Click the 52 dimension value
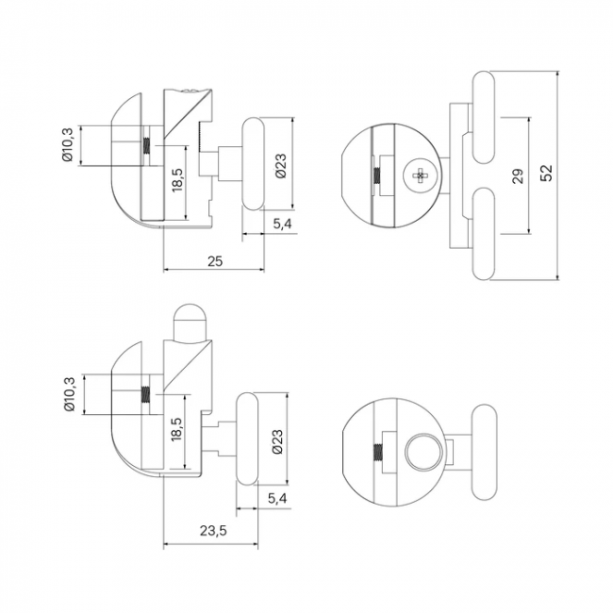547,173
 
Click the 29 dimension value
518,176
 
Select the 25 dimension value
215,260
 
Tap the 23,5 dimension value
213,531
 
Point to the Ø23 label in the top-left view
281,165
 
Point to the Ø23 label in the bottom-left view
277,441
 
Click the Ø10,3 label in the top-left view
68,144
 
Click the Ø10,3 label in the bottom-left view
69,394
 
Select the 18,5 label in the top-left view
177,180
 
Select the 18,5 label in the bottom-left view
176,430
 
